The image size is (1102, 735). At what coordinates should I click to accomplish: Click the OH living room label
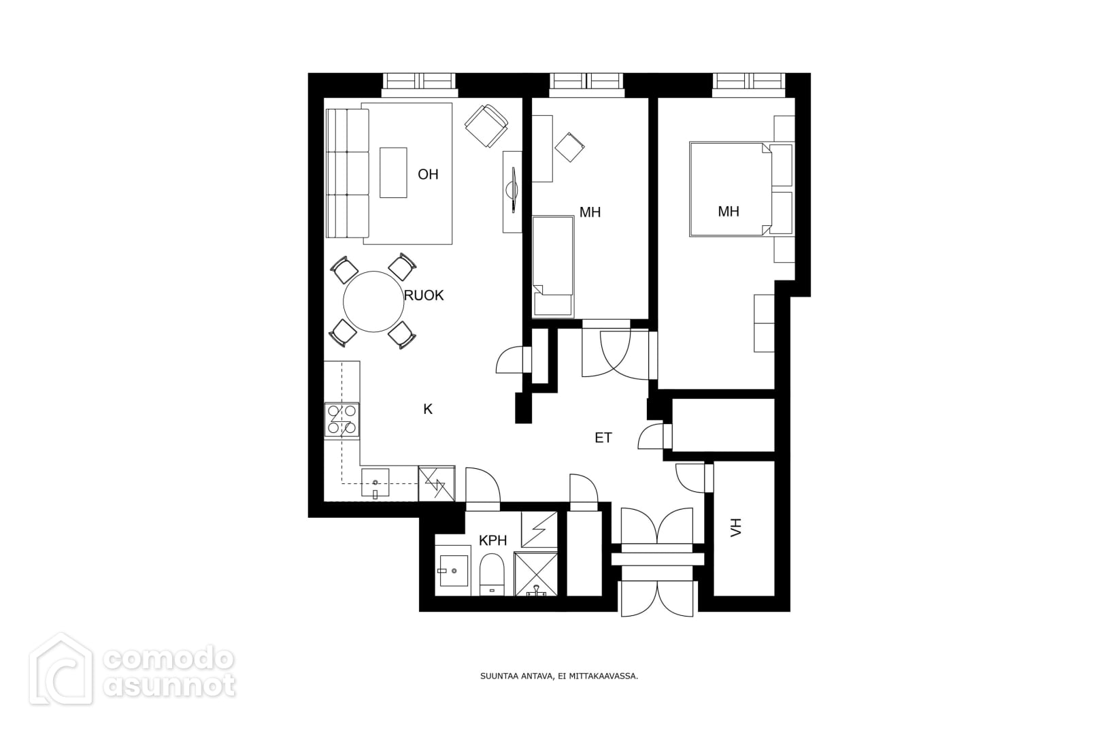tap(428, 175)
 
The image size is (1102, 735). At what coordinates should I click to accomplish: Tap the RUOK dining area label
tap(424, 295)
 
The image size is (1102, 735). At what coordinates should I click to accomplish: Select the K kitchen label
tap(428, 409)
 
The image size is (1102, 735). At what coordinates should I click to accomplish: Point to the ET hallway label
tap(603, 438)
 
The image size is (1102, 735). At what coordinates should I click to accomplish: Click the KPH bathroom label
tap(492, 540)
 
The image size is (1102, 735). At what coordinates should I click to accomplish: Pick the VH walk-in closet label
tap(735, 527)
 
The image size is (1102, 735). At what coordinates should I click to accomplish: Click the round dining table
tap(373, 301)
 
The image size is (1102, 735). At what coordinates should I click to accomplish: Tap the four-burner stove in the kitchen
tap(342, 419)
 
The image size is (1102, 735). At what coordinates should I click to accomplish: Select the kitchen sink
tap(375, 483)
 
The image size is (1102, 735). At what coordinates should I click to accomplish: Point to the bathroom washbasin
tap(452, 571)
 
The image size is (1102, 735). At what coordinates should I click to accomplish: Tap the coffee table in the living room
tap(393, 173)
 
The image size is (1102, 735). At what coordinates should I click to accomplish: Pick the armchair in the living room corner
tap(486, 126)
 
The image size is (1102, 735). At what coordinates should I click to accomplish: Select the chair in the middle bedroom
tap(569, 146)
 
